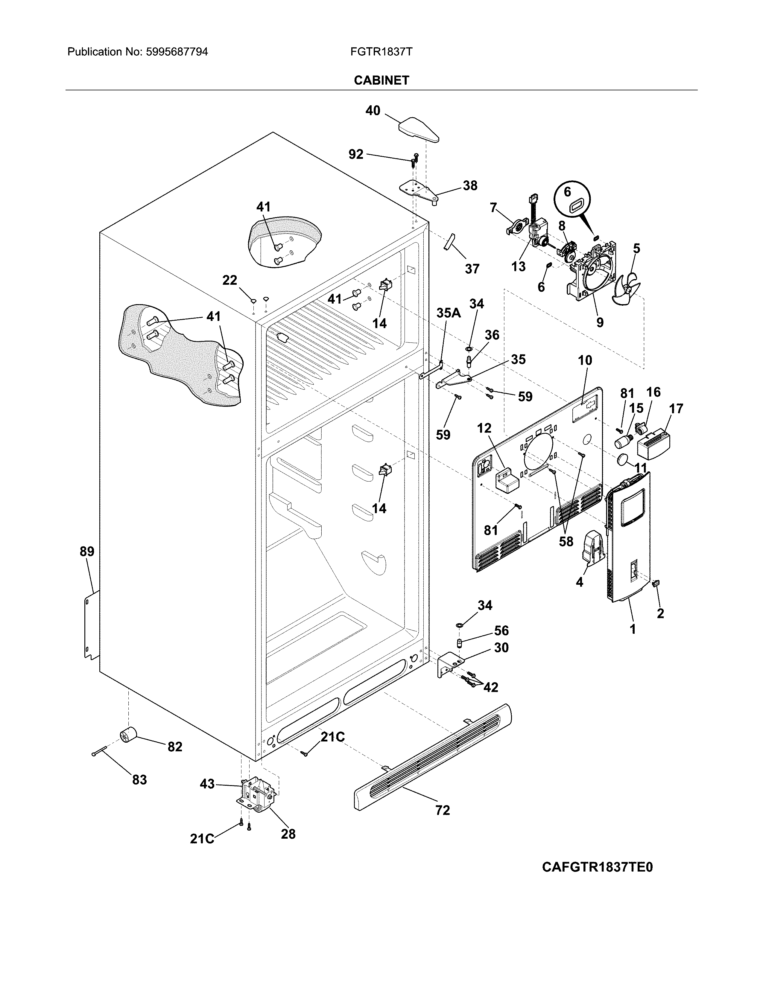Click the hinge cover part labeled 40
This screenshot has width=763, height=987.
tap(419, 130)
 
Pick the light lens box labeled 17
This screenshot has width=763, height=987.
tap(653, 444)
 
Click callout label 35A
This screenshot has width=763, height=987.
tap(449, 313)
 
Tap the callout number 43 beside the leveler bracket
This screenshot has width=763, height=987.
tap(207, 784)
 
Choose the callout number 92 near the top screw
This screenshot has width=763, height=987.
tap(356, 155)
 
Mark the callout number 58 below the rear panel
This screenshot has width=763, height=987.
tap(566, 541)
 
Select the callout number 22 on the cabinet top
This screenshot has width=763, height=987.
tap(229, 280)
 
